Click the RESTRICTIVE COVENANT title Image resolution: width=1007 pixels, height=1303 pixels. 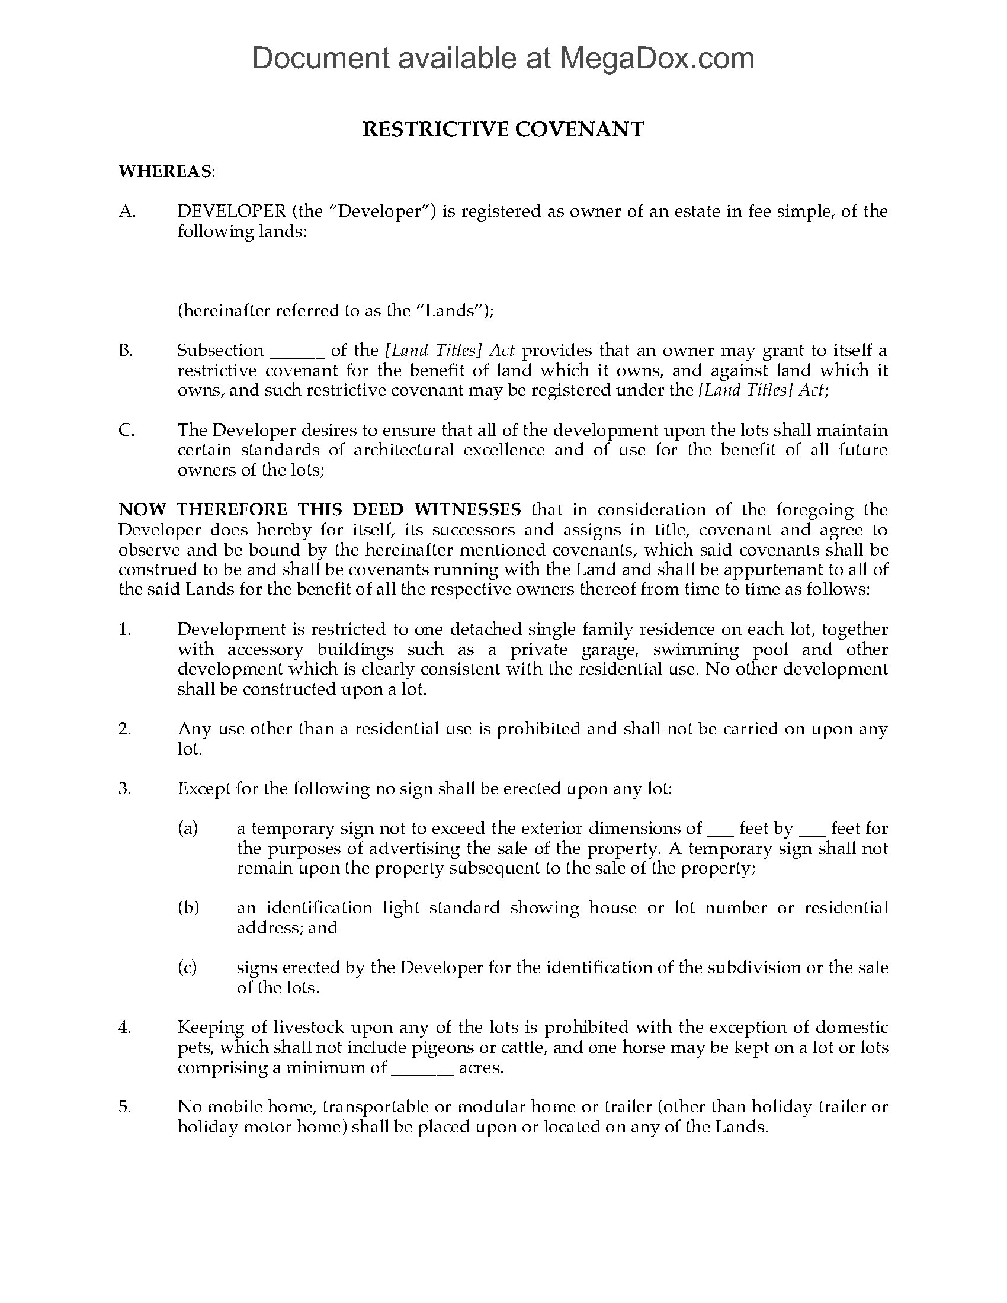pos(503,130)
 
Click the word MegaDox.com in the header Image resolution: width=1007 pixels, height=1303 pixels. pos(656,59)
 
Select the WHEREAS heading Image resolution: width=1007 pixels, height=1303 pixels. pos(166,172)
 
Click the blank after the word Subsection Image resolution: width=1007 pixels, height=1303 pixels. pos(297,351)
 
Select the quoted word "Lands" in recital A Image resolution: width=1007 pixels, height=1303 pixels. pos(456,311)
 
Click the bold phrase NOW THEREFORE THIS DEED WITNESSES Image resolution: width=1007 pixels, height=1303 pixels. pos(320,509)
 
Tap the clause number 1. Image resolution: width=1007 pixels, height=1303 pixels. pos(124,630)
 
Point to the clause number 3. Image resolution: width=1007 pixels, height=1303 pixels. pos(124,789)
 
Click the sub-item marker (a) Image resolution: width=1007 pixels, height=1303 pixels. pos(188,829)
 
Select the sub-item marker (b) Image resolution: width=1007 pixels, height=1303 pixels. pos(188,908)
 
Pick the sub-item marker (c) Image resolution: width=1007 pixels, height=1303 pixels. pos(188,968)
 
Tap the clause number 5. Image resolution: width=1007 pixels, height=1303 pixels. pos(124,1107)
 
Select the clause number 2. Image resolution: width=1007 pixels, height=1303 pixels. pos(124,729)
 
